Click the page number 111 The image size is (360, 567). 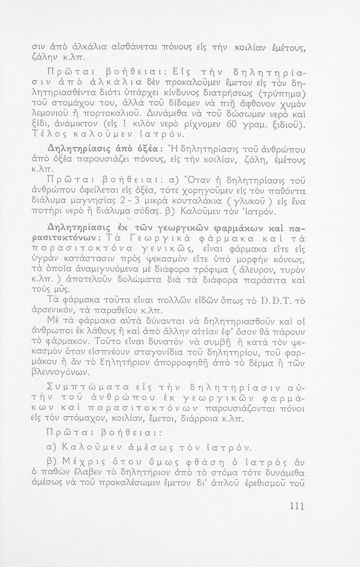pos(296,506)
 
